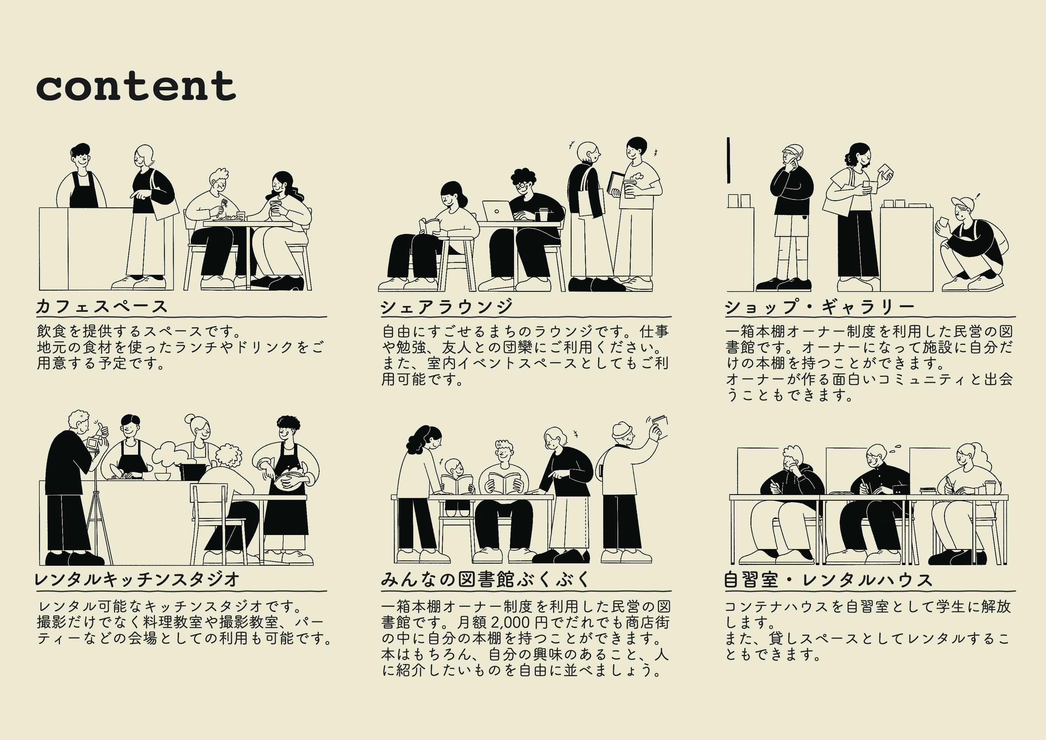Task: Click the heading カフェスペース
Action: click(x=102, y=306)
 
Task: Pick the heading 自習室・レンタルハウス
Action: click(x=828, y=579)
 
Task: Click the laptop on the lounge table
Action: click(x=497, y=211)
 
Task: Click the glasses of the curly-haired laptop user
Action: click(x=522, y=186)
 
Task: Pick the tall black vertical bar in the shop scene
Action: click(x=728, y=160)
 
